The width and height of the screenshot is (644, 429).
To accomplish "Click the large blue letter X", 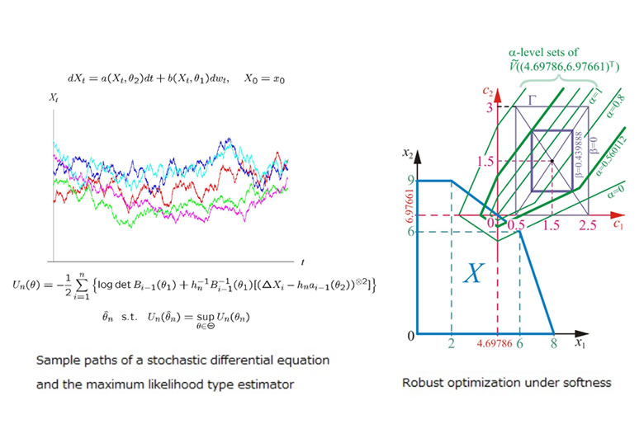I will click(x=472, y=272).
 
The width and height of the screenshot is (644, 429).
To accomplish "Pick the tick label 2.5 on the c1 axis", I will click(x=589, y=225).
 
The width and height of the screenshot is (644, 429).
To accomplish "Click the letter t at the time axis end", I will click(x=303, y=262).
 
